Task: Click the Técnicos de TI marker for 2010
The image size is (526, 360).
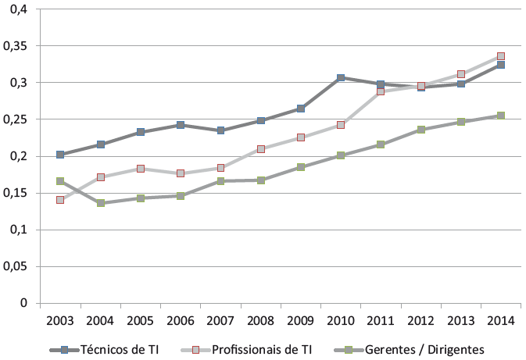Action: click(342, 78)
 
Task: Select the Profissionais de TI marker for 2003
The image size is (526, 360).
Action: click(60, 200)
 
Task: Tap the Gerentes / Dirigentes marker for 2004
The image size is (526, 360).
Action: click(100, 203)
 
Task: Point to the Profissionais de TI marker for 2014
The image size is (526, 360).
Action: click(501, 56)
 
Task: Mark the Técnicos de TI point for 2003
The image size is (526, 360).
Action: click(60, 155)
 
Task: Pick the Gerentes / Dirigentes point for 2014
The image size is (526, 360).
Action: click(501, 116)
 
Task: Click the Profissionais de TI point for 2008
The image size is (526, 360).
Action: click(261, 149)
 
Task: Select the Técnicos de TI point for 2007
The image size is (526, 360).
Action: click(221, 130)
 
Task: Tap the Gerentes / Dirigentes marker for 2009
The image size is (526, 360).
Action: click(301, 167)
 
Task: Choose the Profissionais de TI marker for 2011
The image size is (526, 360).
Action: click(381, 91)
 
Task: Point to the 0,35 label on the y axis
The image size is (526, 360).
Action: click(15, 46)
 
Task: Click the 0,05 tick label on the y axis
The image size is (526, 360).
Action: click(15, 266)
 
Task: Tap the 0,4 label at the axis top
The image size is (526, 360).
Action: click(18, 9)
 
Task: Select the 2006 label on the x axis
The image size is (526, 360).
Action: click(181, 320)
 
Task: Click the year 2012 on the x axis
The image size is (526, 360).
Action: click(421, 320)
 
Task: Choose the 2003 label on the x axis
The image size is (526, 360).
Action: click(60, 320)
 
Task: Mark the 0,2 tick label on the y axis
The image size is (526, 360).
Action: click(18, 156)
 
